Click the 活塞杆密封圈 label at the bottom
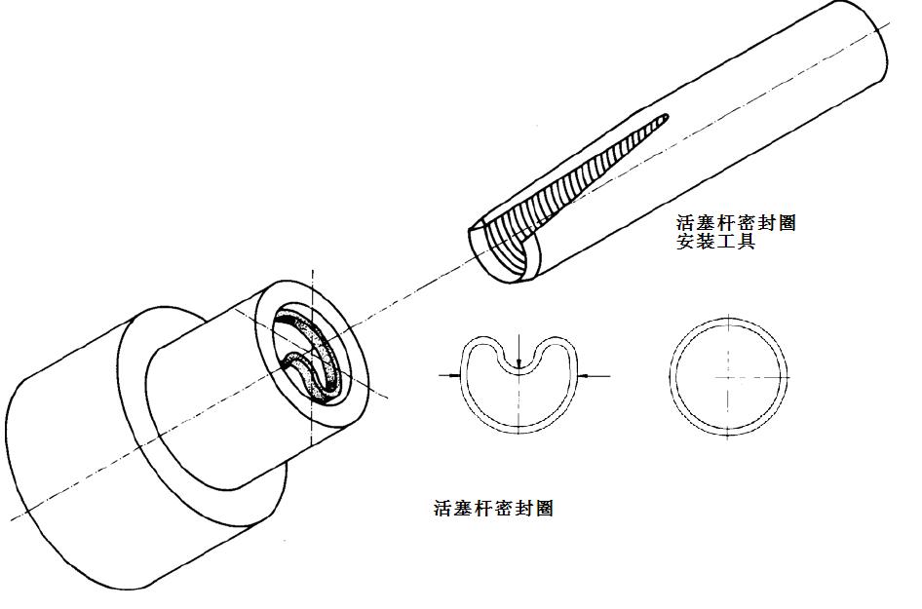pos(493,508)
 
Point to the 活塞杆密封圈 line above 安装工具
pos(736,223)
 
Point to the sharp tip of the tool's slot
pos(667,117)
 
